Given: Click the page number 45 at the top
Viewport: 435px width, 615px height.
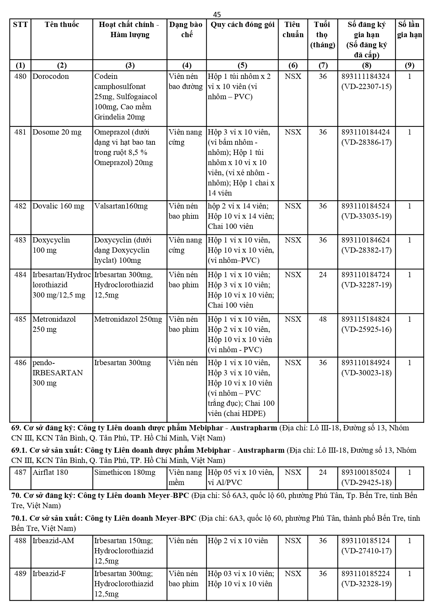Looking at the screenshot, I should point(217,14).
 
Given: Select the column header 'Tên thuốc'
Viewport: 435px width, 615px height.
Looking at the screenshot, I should point(62,25).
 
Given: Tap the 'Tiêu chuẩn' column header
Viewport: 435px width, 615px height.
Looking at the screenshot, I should point(293,29).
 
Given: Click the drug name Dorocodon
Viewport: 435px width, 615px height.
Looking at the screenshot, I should point(50,76).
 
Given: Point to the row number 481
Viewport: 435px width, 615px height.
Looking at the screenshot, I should point(20,132).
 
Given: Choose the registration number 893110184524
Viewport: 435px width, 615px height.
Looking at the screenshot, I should point(366,206).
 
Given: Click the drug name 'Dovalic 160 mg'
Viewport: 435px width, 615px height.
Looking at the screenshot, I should point(58,206).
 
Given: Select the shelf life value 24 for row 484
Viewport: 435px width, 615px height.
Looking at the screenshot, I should point(322,275).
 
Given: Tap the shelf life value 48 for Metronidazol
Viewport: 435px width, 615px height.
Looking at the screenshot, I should point(322,319).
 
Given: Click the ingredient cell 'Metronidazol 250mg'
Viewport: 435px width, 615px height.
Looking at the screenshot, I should point(128,319).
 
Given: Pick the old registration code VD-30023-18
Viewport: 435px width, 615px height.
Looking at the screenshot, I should point(366,373).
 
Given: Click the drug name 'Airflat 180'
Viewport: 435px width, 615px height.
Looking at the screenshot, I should point(50,472).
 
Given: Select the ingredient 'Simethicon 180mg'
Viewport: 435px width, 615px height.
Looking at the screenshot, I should point(124,472).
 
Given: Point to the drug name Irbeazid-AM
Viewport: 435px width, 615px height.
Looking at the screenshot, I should point(53,541).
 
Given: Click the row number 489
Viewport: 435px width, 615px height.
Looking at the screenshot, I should point(20,574).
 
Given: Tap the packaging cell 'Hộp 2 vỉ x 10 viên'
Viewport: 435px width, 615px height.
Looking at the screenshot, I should point(238,541).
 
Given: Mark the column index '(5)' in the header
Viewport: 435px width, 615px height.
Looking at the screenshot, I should point(242,65).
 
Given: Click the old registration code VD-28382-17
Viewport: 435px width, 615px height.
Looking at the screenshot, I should point(366,250).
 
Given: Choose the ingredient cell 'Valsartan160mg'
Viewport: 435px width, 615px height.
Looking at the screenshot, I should point(121,206).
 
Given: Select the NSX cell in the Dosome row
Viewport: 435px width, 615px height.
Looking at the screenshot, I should point(293,132).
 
